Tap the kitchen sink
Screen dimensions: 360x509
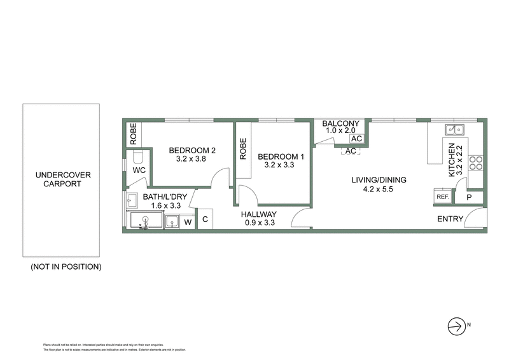(455, 131)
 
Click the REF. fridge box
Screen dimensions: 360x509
(443, 197)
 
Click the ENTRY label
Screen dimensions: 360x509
(449, 219)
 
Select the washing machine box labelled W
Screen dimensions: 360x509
(188, 222)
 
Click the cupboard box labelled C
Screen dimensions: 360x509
(206, 220)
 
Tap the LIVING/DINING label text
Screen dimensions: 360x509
(379, 179)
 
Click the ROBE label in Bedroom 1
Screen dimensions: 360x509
(242, 149)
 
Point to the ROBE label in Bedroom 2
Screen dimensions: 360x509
(132, 134)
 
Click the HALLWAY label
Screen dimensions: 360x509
(258, 215)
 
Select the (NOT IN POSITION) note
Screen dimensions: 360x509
(66, 267)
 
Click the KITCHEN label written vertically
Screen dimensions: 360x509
(452, 160)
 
